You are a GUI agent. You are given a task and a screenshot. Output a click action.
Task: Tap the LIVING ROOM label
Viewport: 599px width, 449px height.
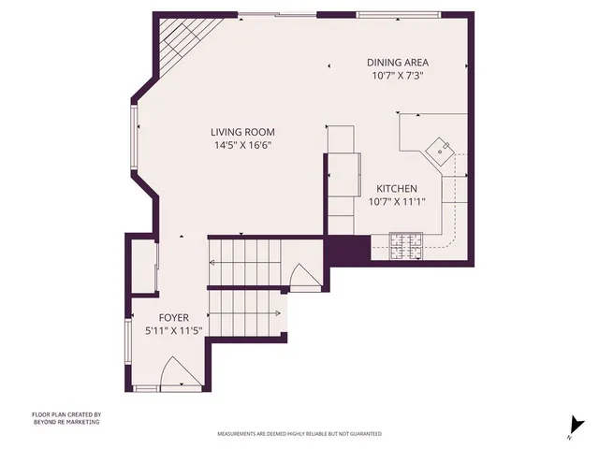point(242,133)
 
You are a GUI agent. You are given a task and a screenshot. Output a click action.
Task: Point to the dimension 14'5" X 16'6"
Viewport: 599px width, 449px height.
point(242,146)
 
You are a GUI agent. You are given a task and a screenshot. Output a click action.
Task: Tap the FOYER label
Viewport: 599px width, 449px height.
point(173,318)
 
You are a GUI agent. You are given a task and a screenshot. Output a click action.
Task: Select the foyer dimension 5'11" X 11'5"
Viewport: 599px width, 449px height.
point(173,331)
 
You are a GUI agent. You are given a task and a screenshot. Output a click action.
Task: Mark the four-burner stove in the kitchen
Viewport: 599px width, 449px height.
point(407,249)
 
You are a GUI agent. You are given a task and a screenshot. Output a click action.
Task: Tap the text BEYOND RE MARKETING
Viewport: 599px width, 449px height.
point(66,422)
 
